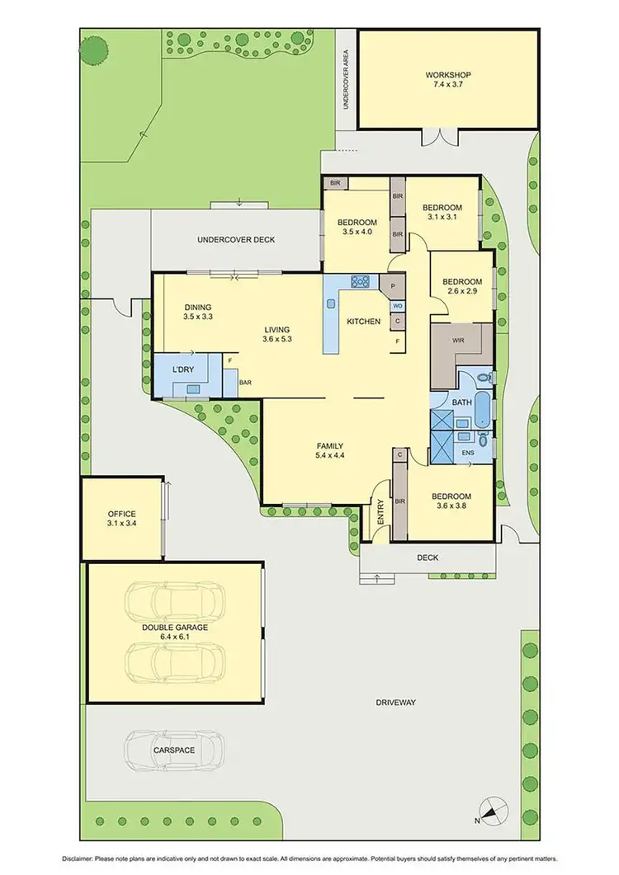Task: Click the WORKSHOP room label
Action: click(448, 75)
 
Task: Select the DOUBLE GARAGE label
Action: click(173, 627)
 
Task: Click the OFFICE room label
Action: click(121, 514)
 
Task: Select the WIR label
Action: click(460, 340)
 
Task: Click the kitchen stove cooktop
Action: click(361, 282)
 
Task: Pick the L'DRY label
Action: click(182, 370)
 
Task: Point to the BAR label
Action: click(245, 383)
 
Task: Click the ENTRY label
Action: click(380, 514)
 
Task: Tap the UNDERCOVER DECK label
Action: click(235, 240)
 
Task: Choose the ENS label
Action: click(467, 452)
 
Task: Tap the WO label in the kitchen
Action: click(397, 305)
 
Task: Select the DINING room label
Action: click(197, 305)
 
